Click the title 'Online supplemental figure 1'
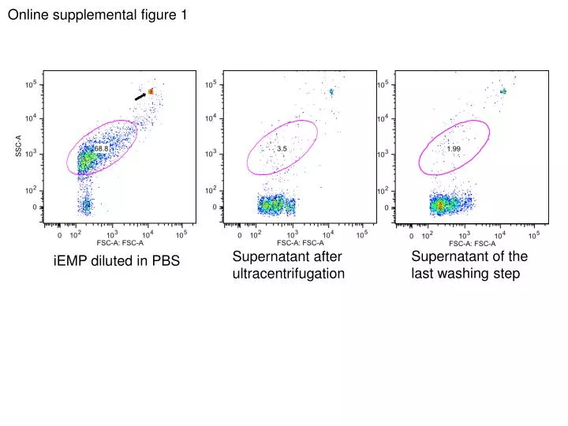pyautogui.click(x=97, y=15)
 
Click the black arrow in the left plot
pyautogui.click(x=140, y=96)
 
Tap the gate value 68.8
pyautogui.click(x=102, y=148)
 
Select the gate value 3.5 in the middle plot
pyautogui.click(x=282, y=148)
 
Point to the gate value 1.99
pyautogui.click(x=454, y=148)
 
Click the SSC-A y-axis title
pyautogui.click(x=18, y=146)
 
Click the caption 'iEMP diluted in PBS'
pyautogui.click(x=116, y=261)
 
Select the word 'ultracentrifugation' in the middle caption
pyautogui.click(x=288, y=274)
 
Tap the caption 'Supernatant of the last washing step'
pyautogui.click(x=469, y=265)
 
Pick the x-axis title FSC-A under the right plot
pyautogui.click(x=473, y=243)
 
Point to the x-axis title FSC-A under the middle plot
pyautogui.click(x=301, y=243)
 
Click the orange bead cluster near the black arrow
pyautogui.click(x=151, y=92)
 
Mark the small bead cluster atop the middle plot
pyautogui.click(x=331, y=92)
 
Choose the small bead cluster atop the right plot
pyautogui.click(x=503, y=92)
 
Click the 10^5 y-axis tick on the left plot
pyautogui.click(x=31, y=84)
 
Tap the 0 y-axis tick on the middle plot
pyautogui.click(x=214, y=207)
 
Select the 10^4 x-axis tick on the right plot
pyautogui.click(x=500, y=235)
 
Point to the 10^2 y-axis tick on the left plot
pyautogui.click(x=31, y=191)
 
